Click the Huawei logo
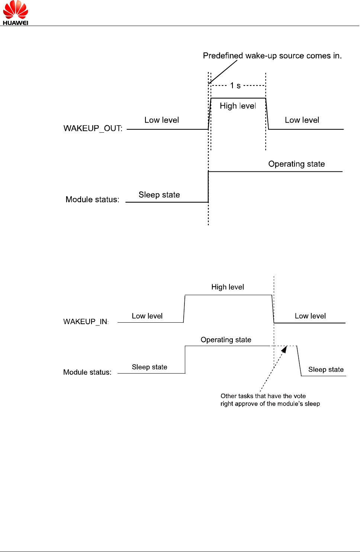[x=15, y=13]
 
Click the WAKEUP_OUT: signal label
[x=93, y=128]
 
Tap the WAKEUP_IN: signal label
[x=86, y=322]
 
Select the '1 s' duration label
[x=235, y=85]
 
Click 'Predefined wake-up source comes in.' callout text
[x=272, y=56]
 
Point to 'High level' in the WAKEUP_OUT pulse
[x=238, y=106]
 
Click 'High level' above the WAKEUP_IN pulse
[x=228, y=287]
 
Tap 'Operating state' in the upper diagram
[x=296, y=164]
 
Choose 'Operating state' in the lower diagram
[x=226, y=340]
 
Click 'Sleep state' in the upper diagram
[x=159, y=195]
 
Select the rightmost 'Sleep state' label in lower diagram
[x=326, y=369]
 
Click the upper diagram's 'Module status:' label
[x=92, y=199]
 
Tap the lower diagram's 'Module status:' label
[x=87, y=372]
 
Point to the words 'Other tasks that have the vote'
[x=263, y=396]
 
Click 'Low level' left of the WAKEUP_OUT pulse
[x=161, y=120]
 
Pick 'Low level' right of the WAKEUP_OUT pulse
[x=302, y=120]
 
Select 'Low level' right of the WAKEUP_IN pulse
[x=310, y=316]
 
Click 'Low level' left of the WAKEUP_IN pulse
[x=147, y=316]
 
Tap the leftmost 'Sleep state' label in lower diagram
[x=150, y=367]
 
